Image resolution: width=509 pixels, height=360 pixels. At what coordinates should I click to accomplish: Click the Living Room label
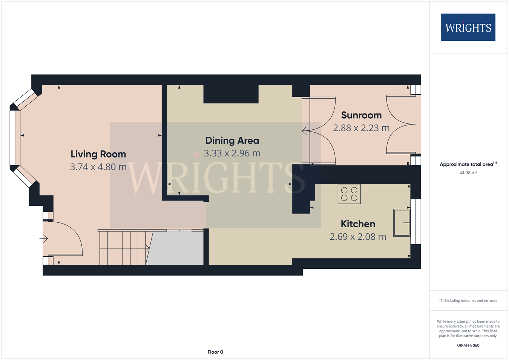click(x=98, y=154)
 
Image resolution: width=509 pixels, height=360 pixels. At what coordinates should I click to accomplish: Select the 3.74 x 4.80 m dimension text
click(x=98, y=167)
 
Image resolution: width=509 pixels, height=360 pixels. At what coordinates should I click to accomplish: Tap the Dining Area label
click(x=232, y=141)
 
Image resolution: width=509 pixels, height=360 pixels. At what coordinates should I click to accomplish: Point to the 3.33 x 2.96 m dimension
click(x=232, y=153)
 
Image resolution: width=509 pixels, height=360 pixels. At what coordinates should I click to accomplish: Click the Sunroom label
click(x=361, y=115)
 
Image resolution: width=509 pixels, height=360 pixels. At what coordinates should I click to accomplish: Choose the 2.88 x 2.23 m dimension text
click(x=361, y=128)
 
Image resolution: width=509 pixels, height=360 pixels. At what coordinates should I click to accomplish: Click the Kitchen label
click(x=358, y=224)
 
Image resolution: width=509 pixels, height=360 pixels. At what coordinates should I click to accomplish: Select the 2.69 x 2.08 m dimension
click(x=358, y=237)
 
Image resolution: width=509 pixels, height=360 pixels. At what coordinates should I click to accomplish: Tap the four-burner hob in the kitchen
click(x=349, y=194)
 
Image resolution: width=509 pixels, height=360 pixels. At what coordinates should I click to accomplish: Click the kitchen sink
click(x=402, y=223)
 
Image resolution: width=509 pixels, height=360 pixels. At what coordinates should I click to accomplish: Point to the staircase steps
click(x=123, y=248)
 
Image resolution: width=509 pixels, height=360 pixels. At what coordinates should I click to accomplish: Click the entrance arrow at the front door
click(x=44, y=239)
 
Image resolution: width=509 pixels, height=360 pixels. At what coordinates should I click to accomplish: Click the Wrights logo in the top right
click(x=468, y=28)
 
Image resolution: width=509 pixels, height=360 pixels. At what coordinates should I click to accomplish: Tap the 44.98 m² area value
click(x=468, y=173)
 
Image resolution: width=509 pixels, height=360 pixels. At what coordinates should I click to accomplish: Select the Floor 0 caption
click(x=215, y=352)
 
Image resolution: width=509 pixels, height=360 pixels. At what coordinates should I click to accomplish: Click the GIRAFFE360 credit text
click(x=468, y=345)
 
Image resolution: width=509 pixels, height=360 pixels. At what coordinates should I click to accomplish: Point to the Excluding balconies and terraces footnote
click(x=468, y=301)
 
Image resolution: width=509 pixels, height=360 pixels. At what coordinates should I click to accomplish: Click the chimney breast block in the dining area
click(x=231, y=94)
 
